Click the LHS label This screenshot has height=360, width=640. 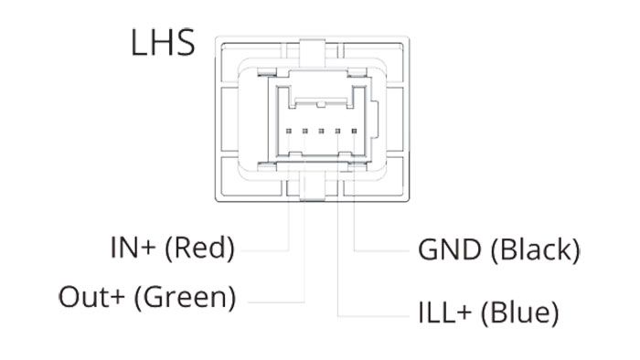(x=163, y=42)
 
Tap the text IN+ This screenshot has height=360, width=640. (x=133, y=248)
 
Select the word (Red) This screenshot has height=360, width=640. (x=200, y=249)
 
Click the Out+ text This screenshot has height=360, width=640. (x=91, y=297)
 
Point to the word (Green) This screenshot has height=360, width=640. (x=185, y=298)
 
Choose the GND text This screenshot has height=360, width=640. (x=450, y=249)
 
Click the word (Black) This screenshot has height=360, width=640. (x=535, y=250)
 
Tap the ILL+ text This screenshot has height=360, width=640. (x=445, y=312)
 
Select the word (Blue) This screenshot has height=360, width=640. (x=520, y=313)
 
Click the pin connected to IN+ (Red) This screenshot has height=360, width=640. (x=289, y=131)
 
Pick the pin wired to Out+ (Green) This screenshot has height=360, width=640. (x=304, y=131)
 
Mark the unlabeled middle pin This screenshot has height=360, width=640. (x=321, y=131)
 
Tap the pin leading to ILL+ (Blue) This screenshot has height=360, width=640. (x=337, y=131)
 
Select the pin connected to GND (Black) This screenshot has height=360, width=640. (x=354, y=131)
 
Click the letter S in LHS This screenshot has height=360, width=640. (x=185, y=42)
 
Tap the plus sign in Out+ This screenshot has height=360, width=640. (x=117, y=297)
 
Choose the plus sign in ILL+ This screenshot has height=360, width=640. (x=464, y=313)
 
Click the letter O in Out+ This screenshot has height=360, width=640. (x=69, y=297)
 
